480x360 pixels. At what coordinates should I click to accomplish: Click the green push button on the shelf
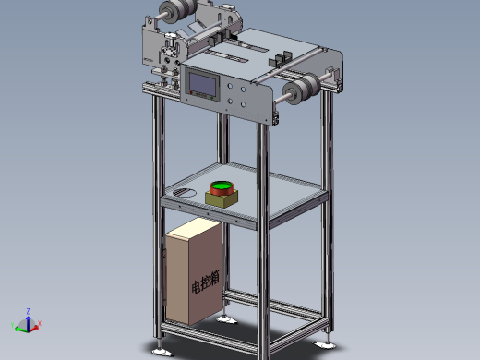click(x=221, y=187)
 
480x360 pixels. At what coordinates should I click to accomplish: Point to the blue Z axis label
click(x=29, y=311)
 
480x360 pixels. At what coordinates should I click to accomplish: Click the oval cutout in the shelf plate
click(x=185, y=192)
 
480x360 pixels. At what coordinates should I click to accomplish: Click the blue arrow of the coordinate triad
click(x=28, y=319)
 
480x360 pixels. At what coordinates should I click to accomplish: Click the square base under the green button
click(x=222, y=198)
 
